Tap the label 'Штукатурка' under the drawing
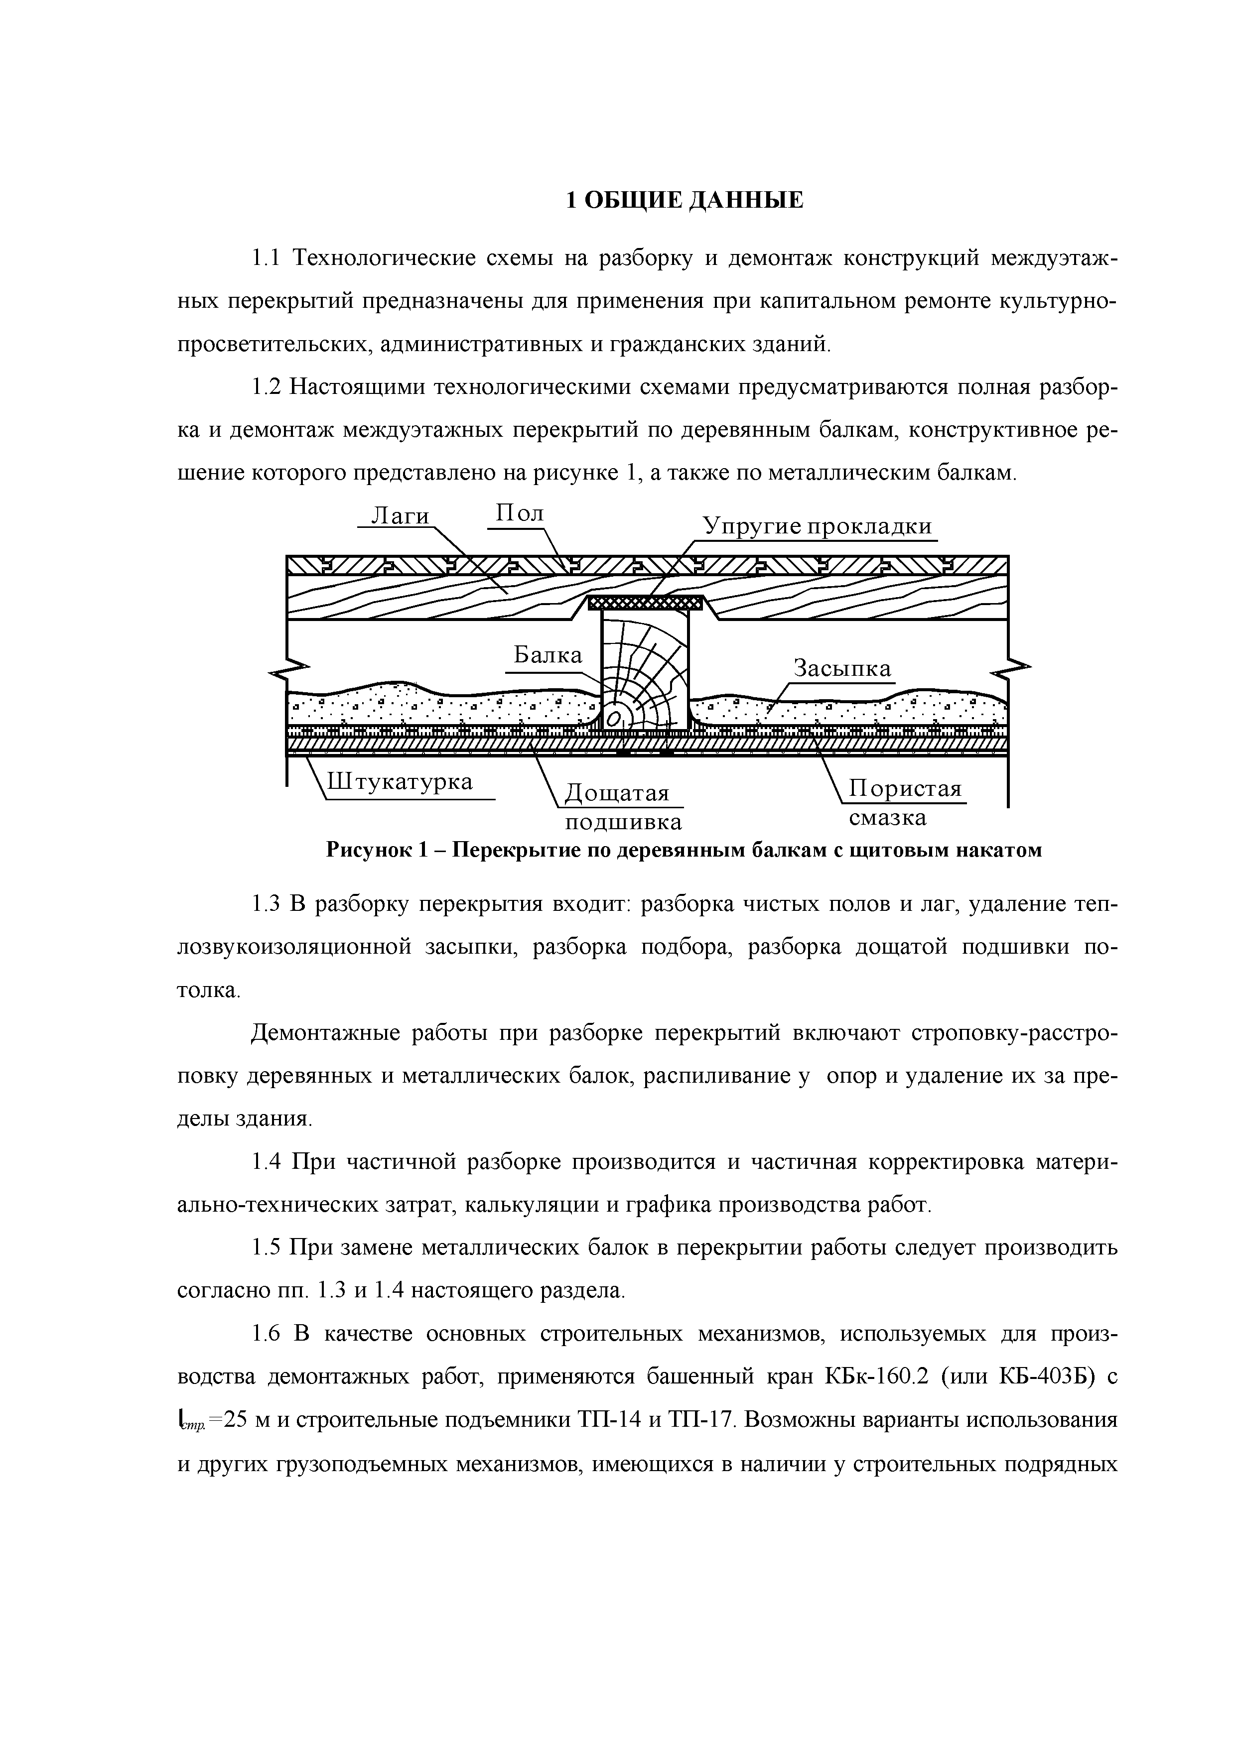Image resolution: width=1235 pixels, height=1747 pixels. pyautogui.click(x=400, y=781)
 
